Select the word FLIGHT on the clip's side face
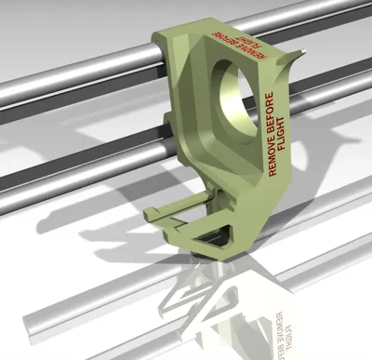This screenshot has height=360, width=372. [x=281, y=134]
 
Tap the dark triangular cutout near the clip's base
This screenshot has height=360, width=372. [x=214, y=236]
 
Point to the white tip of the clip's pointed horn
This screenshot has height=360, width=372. [x=304, y=50]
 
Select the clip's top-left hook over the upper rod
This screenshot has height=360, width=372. [x=160, y=38]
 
